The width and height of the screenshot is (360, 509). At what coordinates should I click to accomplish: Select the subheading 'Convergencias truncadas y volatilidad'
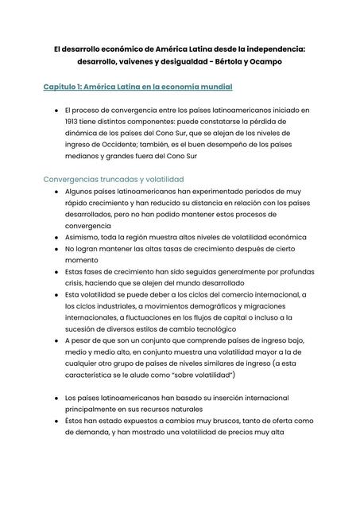(x=114, y=180)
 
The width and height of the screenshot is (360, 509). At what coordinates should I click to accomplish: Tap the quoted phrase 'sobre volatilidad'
(x=195, y=374)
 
